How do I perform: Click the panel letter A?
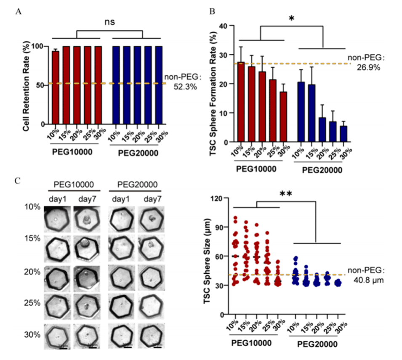click(18, 12)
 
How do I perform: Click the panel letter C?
click(18, 181)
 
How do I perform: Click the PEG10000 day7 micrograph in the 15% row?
click(86, 248)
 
